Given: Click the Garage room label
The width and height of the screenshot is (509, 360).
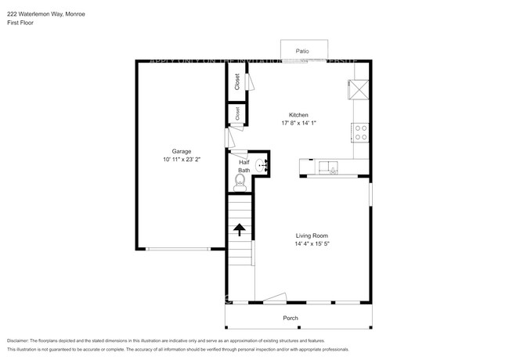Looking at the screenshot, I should [182, 151].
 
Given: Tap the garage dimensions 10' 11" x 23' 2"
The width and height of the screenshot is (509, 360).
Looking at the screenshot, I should [182, 160].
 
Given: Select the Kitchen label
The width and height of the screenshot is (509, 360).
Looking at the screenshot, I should [298, 115].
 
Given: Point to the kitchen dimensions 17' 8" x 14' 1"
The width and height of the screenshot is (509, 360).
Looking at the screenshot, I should [298, 123].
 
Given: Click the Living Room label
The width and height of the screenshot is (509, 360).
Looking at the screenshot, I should [311, 236].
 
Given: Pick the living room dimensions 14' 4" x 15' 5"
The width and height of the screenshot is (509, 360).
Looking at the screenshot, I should [311, 244].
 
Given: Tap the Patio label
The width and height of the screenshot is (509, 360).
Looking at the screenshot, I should [301, 51].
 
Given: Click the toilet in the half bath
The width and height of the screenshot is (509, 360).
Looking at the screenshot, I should [240, 182].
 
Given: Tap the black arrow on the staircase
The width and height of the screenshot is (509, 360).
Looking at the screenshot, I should [239, 228].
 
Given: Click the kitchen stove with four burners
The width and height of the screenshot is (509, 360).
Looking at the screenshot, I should [361, 133].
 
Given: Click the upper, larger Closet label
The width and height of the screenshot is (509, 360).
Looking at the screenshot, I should [236, 81].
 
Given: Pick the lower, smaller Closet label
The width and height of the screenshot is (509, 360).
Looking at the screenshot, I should [237, 114].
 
